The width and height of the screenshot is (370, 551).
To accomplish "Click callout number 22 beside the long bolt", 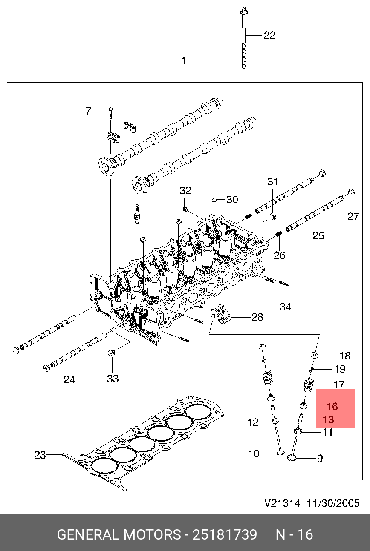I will coord(269,35).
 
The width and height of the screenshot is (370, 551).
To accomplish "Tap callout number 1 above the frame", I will coord(184,61).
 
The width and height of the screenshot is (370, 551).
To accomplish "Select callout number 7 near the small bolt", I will coord(88,111).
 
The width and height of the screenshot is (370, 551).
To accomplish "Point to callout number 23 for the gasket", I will coord(40,455).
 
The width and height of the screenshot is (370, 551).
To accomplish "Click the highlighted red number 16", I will coord(332,407).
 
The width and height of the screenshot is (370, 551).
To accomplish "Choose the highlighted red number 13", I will coord(328,420).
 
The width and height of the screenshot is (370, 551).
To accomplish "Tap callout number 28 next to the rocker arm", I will coord(257,317).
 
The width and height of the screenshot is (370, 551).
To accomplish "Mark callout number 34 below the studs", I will coord(285,306).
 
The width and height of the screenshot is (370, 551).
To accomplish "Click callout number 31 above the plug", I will coord(272,182).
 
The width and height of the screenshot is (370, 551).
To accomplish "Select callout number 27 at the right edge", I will coord(353,216).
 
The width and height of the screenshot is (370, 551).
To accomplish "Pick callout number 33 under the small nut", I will coord(113,379).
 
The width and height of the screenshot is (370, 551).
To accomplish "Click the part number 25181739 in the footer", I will coord(225,534).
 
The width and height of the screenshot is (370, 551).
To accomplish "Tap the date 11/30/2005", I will coord(331,503).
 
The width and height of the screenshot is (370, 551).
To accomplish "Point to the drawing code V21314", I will coord(282,503).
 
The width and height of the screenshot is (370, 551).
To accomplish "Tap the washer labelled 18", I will coord(315,355).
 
